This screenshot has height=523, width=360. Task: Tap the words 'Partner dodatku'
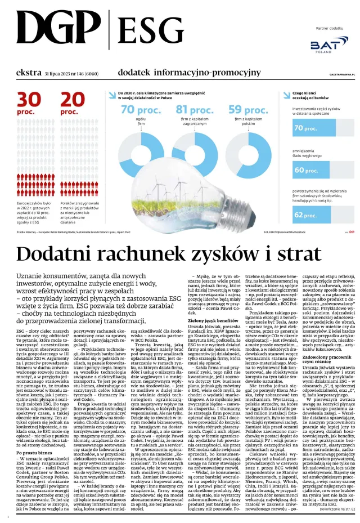click(329, 28)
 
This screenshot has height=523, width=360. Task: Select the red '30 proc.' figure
click(29, 104)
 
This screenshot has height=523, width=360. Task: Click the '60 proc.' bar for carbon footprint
click(307, 169)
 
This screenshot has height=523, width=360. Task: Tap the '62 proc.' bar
click(307, 214)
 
